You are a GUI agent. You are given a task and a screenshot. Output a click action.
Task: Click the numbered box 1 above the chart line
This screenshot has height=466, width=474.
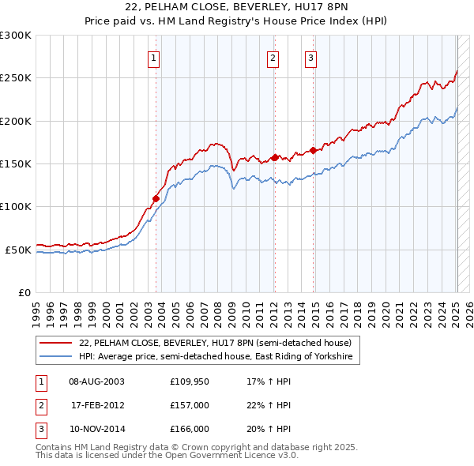coord(153,57)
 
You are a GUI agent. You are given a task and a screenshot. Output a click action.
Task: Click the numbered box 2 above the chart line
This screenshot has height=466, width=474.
coord(273,57)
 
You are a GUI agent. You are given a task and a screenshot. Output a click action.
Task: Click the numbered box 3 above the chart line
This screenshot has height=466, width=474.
coord(311,57)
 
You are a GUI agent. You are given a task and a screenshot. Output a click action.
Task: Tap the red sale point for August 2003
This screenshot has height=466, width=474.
coord(156,198)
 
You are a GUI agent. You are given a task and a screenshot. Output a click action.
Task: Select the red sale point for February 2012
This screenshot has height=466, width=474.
coord(274,157)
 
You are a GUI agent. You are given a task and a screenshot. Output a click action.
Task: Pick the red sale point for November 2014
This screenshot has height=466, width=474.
coord(313,150)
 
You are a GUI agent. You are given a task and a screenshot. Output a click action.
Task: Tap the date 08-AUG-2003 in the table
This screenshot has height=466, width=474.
coord(97,381)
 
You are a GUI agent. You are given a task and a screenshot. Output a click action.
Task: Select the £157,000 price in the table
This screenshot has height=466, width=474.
coord(189,405)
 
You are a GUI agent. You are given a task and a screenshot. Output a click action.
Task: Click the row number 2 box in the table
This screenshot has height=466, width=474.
coord(40,405)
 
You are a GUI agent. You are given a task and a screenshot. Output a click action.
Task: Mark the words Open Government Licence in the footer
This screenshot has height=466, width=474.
coord(225,456)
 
